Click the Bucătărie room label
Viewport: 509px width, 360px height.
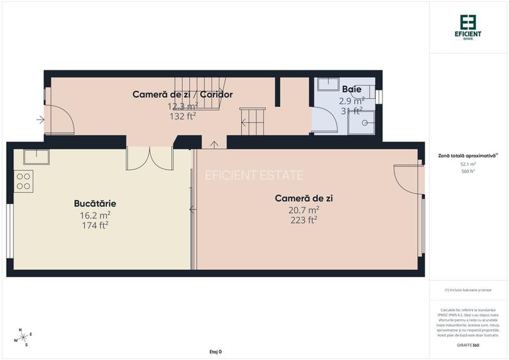pyautogui.click(x=95, y=203)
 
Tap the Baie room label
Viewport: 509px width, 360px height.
pyautogui.click(x=352, y=89)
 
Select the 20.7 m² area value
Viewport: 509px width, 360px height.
pyautogui.click(x=304, y=210)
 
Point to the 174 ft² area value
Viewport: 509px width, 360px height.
pyautogui.click(x=95, y=225)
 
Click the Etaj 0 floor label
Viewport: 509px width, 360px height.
pyautogui.click(x=215, y=352)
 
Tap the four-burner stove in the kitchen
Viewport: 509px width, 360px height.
pyautogui.click(x=24, y=181)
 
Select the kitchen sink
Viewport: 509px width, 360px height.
pyautogui.click(x=36, y=157)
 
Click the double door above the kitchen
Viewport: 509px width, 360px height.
pyautogui.click(x=150, y=159)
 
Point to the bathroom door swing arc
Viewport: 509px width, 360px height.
pyautogui.click(x=325, y=119)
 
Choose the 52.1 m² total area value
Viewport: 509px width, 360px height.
pyautogui.click(x=467, y=164)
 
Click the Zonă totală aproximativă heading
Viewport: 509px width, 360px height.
pyautogui.click(x=467, y=155)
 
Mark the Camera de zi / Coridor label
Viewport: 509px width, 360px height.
pyautogui.click(x=182, y=95)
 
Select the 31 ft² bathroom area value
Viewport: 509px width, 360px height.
pyautogui.click(x=352, y=110)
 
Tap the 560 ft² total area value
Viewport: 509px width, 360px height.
pyautogui.click(x=467, y=171)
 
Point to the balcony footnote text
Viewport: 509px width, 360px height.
pyautogui.click(x=467, y=290)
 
